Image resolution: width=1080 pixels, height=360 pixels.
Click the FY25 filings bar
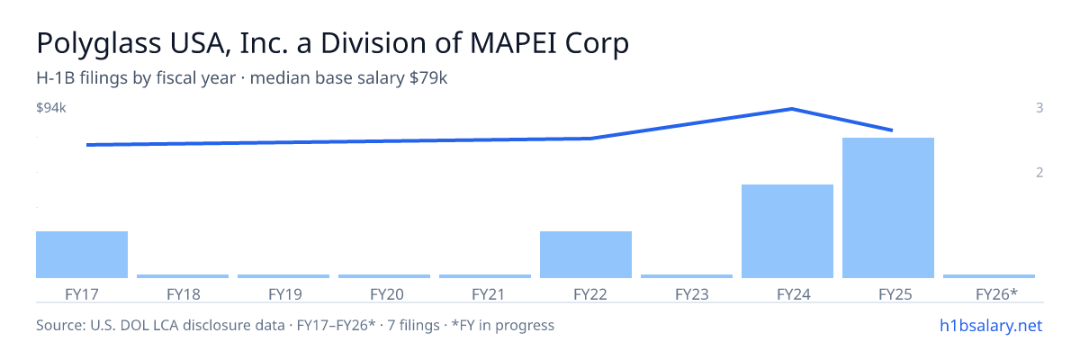(888, 208)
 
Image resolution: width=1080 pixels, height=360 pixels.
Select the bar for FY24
(787, 231)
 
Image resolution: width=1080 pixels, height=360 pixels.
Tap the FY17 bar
(82, 255)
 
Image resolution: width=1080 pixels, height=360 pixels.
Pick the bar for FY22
(586, 255)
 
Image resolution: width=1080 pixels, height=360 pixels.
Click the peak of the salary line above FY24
(792, 109)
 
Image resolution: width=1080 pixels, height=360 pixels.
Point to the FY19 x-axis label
(285, 294)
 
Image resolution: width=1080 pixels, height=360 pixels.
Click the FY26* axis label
(996, 294)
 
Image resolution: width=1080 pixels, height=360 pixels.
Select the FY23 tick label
(692, 294)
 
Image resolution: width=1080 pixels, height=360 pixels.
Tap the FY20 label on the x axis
(387, 294)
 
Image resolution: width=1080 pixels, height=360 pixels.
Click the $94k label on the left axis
(51, 108)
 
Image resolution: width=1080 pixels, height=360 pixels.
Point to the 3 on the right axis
(1039, 108)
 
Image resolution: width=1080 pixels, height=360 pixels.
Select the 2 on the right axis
(1039, 173)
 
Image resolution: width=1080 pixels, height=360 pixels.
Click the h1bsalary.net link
(991, 326)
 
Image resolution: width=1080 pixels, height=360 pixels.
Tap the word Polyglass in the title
(99, 43)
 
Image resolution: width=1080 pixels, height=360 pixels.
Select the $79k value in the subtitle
(428, 78)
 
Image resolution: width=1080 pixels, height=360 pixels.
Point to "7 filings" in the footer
(413, 325)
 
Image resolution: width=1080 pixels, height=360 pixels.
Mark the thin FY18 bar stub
(183, 276)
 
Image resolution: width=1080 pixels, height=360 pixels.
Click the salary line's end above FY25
(892, 130)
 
